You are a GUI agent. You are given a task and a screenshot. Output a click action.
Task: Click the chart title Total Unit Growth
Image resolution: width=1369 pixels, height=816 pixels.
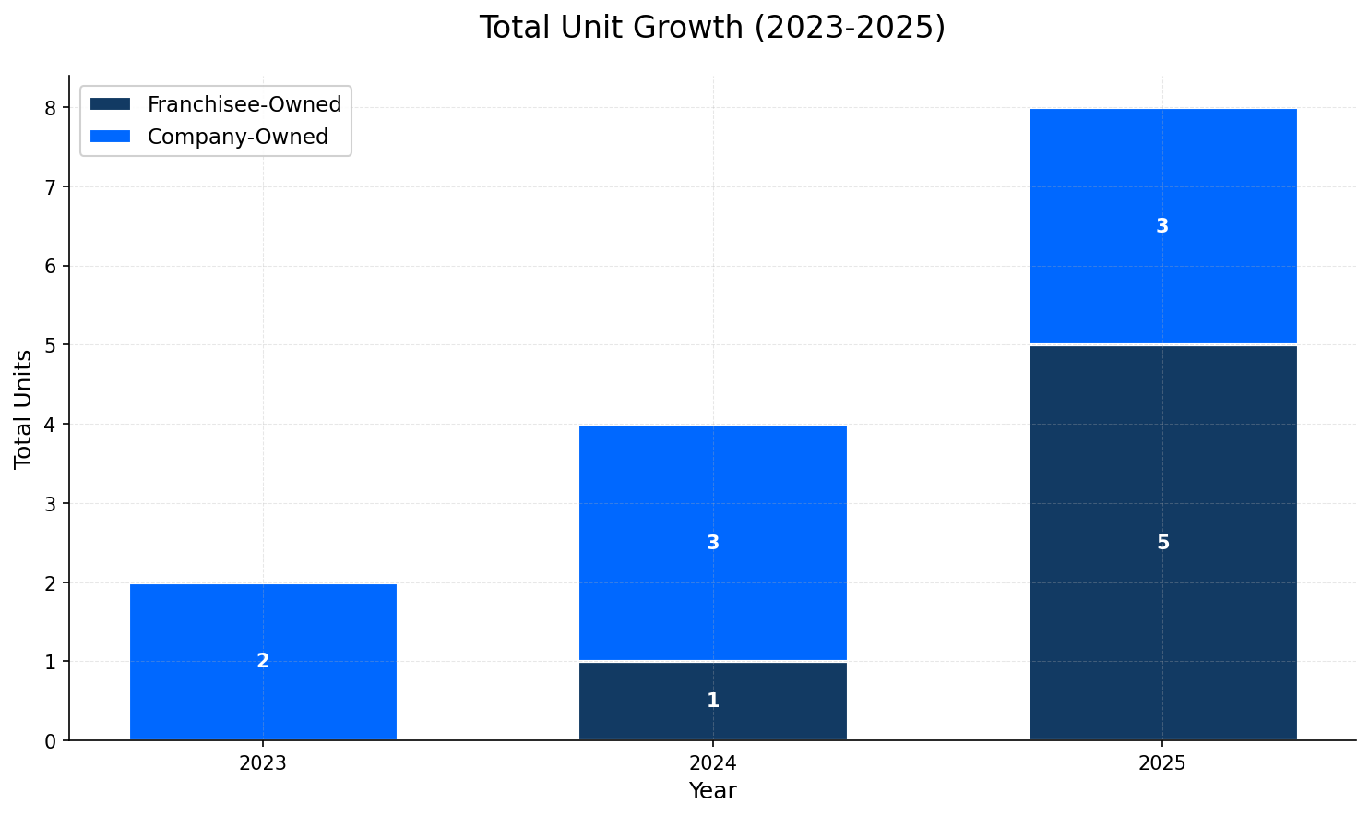tap(712, 28)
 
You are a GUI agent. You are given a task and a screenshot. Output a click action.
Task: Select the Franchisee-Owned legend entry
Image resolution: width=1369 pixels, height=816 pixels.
tap(244, 104)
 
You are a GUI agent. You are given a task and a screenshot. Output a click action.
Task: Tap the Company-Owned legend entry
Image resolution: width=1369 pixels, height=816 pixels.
tap(237, 137)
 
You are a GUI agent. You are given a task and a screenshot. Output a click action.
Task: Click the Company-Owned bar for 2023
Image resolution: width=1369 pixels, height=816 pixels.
tap(263, 628)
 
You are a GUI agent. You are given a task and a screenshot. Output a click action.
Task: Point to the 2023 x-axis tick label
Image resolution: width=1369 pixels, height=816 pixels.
tap(263, 763)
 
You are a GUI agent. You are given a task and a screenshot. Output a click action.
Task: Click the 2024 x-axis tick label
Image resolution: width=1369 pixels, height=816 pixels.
tap(712, 763)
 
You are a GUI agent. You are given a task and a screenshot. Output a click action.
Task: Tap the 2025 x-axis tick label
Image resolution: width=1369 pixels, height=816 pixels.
tap(1162, 763)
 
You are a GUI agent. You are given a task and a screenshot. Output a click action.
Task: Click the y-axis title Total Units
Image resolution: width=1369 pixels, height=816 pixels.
tap(24, 409)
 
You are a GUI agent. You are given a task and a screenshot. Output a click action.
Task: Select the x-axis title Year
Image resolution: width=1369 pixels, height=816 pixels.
tap(712, 791)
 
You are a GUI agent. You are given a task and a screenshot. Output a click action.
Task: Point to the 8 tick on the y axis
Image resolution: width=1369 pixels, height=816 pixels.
tap(51, 108)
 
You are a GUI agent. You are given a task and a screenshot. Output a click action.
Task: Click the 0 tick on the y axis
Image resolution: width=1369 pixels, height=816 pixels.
tap(51, 740)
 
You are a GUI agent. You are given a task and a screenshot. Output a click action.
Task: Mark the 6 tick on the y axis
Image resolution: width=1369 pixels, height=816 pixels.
tap(51, 266)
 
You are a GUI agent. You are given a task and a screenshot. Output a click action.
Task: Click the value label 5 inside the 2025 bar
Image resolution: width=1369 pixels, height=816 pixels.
tap(1162, 543)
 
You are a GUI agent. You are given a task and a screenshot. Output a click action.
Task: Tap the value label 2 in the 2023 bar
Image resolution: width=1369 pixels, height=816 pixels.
tap(263, 661)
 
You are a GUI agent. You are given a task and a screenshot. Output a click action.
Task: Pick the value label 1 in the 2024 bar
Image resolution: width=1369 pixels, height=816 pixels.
tap(712, 701)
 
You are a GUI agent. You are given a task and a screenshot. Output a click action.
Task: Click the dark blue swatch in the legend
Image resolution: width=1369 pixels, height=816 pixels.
tap(111, 104)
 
